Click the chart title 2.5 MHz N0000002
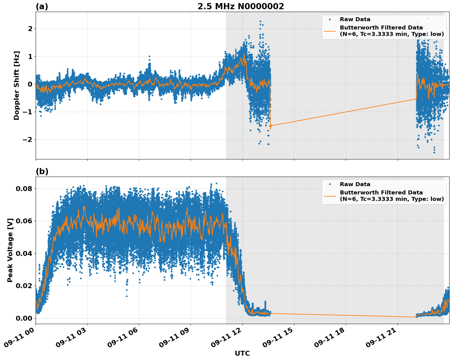pos(241,6)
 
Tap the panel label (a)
pos(42,6)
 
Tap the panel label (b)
pos(42,171)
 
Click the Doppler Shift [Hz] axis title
pos(17,85)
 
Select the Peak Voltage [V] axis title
pos(10,250)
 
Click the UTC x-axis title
pos(242,353)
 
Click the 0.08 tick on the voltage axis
pos(24,189)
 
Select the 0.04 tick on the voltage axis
pos(24,253)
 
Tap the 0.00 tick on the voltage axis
pos(24,318)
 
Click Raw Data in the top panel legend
pos(355,19)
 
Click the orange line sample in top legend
pos(330,31)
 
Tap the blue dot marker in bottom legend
pos(330,184)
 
